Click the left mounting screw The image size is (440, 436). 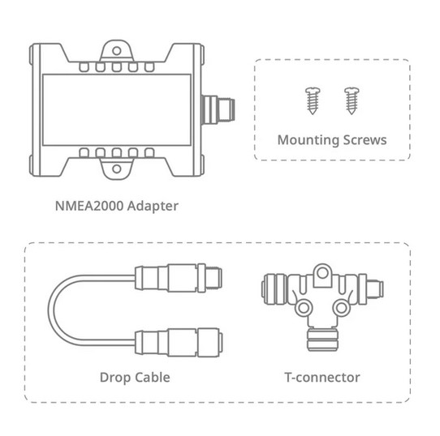click(313, 100)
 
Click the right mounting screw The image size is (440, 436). click(352, 100)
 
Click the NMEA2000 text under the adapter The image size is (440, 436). click(89, 206)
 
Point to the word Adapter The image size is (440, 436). click(153, 207)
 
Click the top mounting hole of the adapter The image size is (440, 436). click(116, 51)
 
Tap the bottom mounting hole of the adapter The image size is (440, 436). click(116, 169)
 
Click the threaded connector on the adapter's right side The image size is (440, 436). click(218, 110)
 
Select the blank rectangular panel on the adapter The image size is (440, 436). click(117, 110)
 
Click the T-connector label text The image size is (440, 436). click(322, 378)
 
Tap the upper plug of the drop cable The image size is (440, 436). click(179, 278)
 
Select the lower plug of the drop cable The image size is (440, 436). click(179, 343)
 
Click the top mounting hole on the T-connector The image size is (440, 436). click(323, 272)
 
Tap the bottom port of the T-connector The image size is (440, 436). click(323, 339)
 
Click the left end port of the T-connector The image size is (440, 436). click(274, 289)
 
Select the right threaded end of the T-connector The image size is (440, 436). click(374, 289)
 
